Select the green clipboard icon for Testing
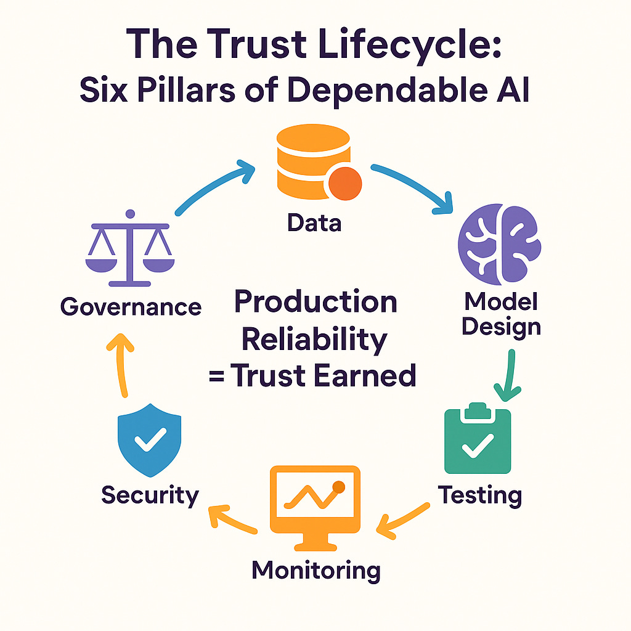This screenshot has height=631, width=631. tap(478, 440)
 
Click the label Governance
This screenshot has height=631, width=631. tap(131, 306)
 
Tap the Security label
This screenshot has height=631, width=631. tap(150, 495)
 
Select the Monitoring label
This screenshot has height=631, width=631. tap(315, 570)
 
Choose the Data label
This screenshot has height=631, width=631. tap(314, 222)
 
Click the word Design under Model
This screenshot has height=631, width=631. tap(501, 326)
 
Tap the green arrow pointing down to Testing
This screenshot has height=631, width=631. tap(508, 375)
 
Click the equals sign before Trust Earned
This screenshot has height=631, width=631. tap(216, 375)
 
